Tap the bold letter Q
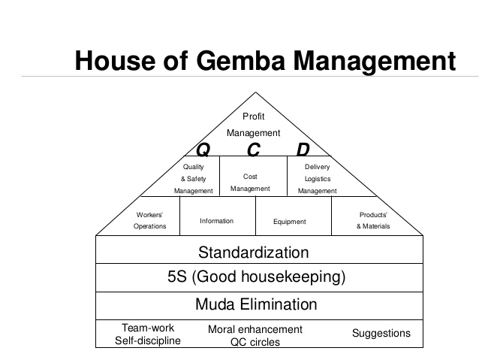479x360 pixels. tap(203, 150)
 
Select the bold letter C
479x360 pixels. tap(253, 150)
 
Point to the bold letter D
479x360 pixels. tap(303, 150)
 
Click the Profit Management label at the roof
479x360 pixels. tap(253, 125)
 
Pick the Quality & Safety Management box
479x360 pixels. tap(194, 178)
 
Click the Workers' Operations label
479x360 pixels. tap(149, 220)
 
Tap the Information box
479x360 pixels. tap(216, 221)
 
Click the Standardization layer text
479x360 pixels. tap(253, 252)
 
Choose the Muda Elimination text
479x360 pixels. tap(256, 304)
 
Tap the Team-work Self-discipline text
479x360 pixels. tap(147, 334)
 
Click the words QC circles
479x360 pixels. tap(255, 342)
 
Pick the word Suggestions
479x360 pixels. tap(381, 333)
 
